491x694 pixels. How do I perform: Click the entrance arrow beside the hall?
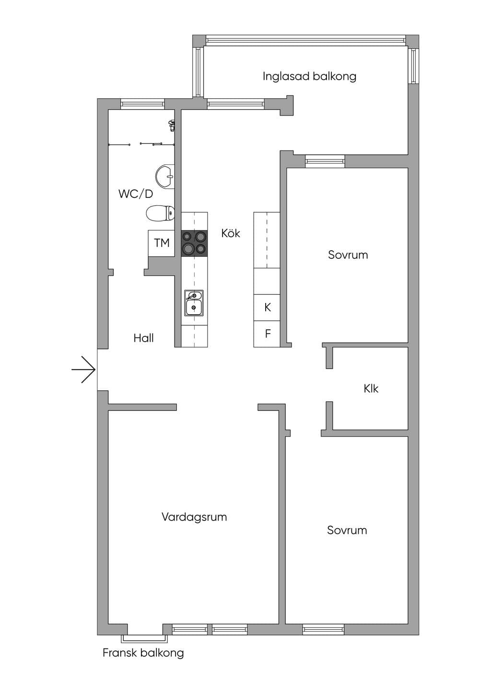pyautogui.click(x=84, y=370)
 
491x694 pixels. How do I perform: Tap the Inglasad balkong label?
pyautogui.click(x=309, y=77)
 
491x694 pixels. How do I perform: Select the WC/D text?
pyautogui.click(x=136, y=194)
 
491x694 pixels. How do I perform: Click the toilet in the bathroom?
pyautogui.click(x=160, y=213)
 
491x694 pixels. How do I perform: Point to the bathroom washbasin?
pyautogui.click(x=165, y=176)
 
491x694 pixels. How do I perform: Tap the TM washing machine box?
pyautogui.click(x=162, y=243)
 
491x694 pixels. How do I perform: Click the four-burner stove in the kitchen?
pyautogui.click(x=194, y=243)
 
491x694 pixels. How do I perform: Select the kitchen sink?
pyautogui.click(x=194, y=303)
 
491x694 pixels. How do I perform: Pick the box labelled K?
pyautogui.click(x=267, y=308)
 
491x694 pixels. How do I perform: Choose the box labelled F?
pyautogui.click(x=267, y=334)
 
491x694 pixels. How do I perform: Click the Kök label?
pyautogui.click(x=231, y=233)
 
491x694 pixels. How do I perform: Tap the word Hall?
pyautogui.click(x=143, y=338)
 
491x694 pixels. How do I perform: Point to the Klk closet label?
pyautogui.click(x=371, y=389)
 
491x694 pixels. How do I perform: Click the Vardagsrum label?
pyautogui.click(x=194, y=517)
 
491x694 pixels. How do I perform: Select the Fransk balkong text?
pyautogui.click(x=143, y=653)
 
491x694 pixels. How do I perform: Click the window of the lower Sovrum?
pyautogui.click(x=323, y=629)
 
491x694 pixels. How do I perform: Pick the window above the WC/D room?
pyautogui.click(x=142, y=104)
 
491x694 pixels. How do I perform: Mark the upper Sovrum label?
pyautogui.click(x=348, y=255)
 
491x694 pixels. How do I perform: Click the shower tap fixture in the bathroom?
pyautogui.click(x=171, y=125)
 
